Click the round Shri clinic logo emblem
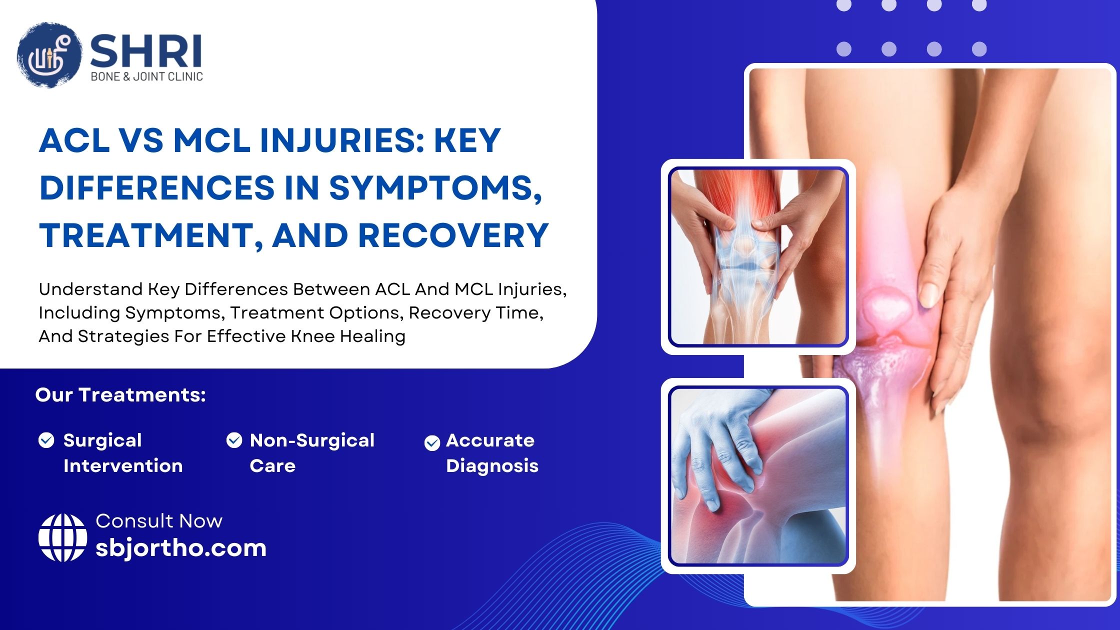(49, 55)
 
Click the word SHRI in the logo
(146, 51)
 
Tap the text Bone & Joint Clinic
(146, 76)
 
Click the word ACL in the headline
(74, 140)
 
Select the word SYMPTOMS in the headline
(435, 189)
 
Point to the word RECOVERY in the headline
(453, 235)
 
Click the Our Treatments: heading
(120, 395)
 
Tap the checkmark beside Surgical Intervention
(46, 440)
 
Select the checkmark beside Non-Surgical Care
(234, 440)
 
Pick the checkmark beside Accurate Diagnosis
(432, 443)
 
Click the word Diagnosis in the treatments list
(492, 466)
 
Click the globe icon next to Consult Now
(62, 538)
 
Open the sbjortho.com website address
(181, 548)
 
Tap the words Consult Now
(159, 521)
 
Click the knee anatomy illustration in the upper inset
(758, 257)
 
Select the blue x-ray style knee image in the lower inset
(758, 476)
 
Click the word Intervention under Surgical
(123, 466)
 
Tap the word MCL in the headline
(212, 140)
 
